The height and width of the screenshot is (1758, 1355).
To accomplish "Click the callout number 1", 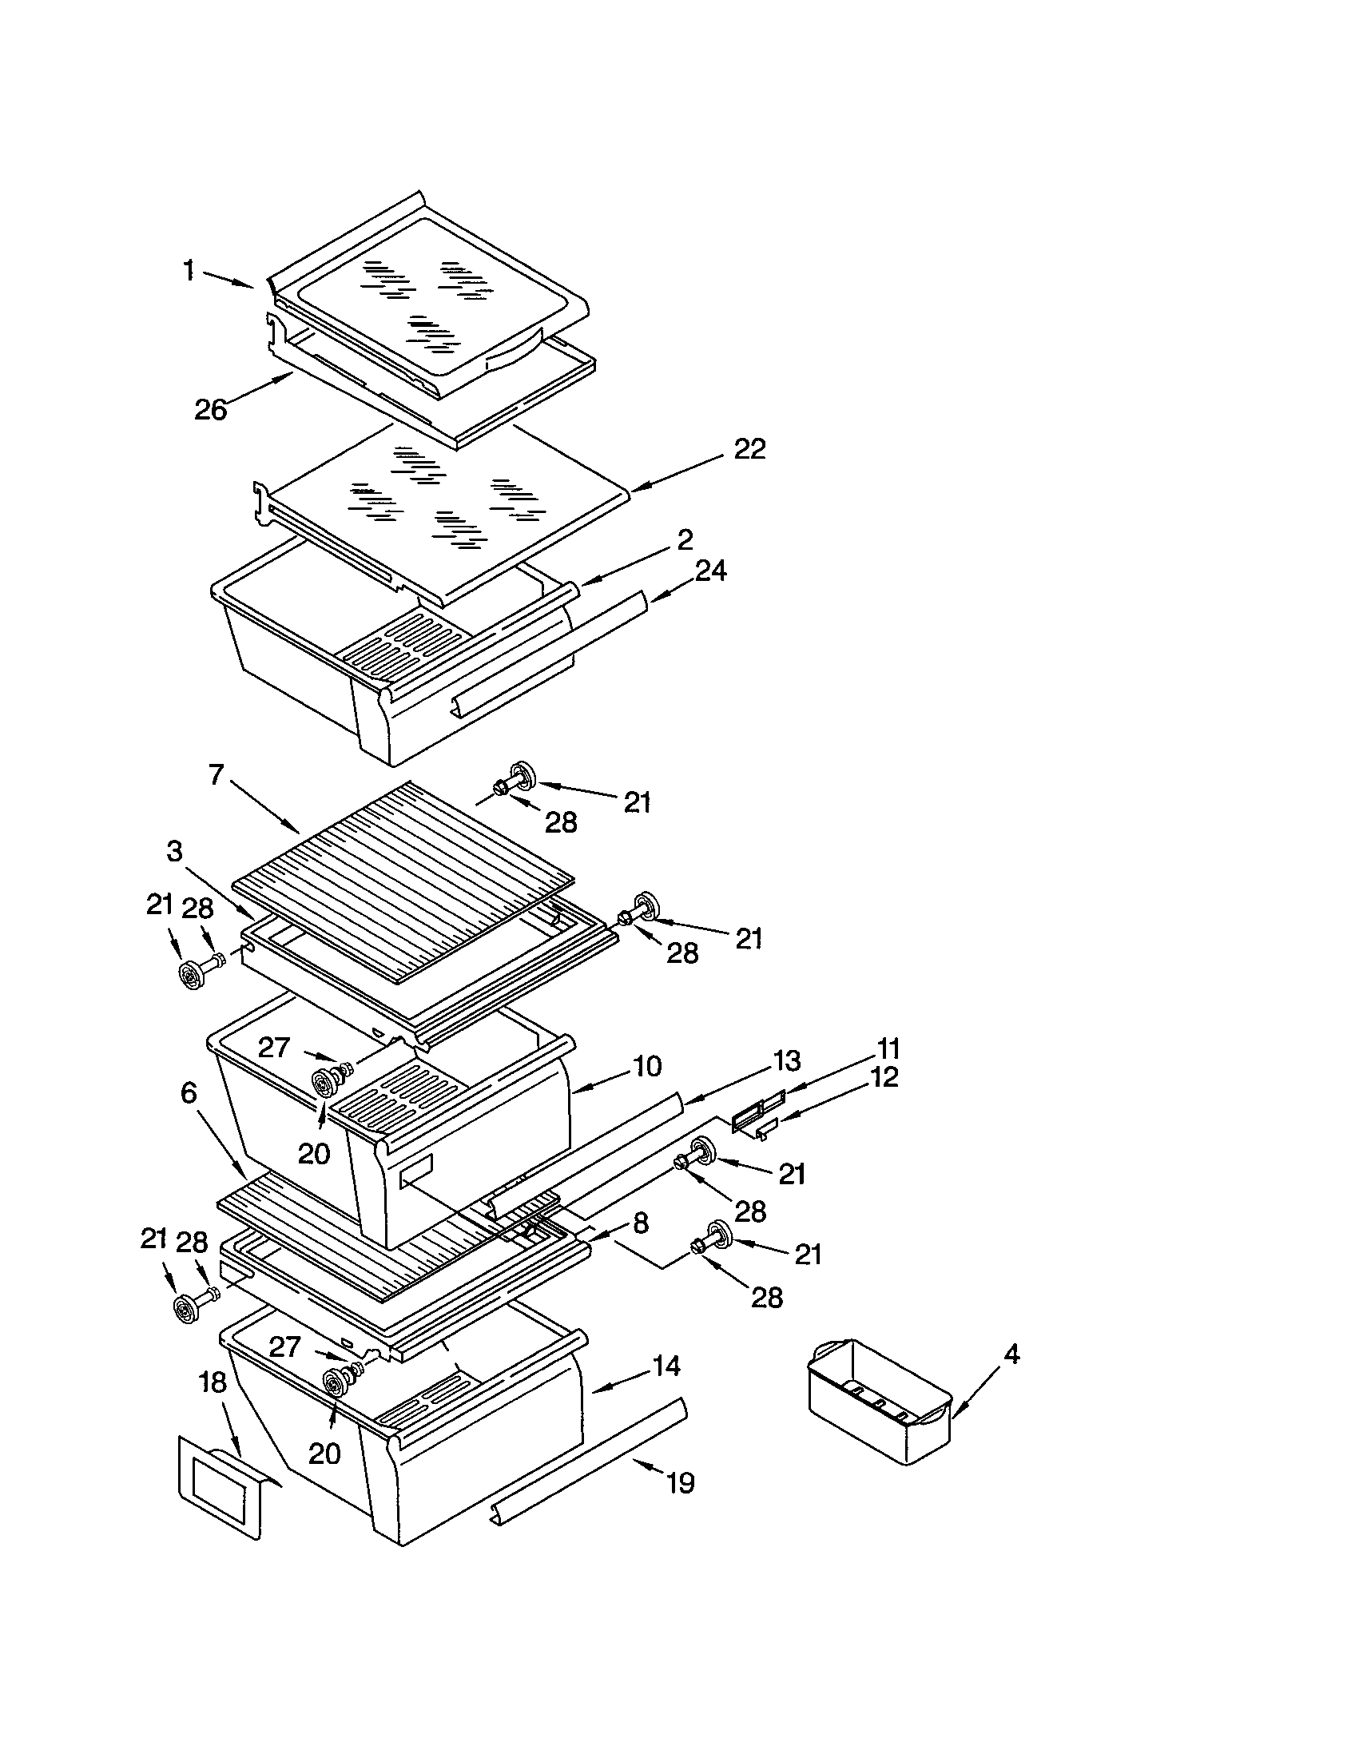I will coord(189,271).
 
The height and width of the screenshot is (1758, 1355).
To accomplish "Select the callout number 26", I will coord(211,410).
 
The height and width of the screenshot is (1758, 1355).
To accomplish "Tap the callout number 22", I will coord(749,449).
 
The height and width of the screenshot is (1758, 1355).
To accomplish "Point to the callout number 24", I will coord(710,571).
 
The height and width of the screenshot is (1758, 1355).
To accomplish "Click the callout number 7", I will coord(215,774).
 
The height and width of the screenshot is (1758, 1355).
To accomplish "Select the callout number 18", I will coord(213,1383).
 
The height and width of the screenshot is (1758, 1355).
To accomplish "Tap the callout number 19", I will coord(681,1482).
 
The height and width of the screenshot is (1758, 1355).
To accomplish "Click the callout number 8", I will coord(640,1223).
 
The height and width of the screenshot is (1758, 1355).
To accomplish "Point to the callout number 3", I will coord(175,851).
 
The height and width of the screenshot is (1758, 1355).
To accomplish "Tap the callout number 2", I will coord(685,539).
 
